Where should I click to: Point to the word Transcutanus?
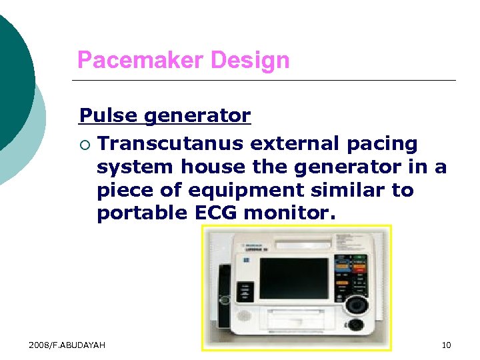tap(172, 143)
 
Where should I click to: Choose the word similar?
tap(337, 190)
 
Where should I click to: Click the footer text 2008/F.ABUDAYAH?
tap(67, 345)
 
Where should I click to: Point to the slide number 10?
tap(446, 345)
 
